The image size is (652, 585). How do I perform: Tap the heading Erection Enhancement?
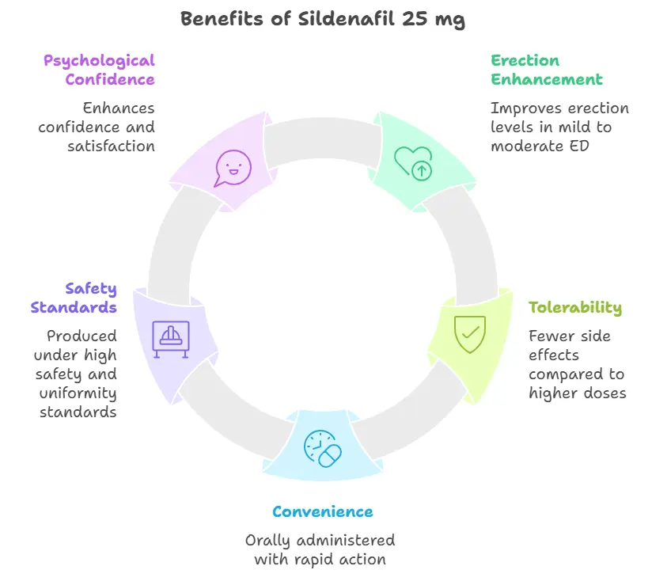tap(546, 70)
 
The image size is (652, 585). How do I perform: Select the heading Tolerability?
tap(575, 308)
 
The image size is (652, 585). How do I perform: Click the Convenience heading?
tap(322, 511)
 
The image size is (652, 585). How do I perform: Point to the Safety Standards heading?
tap(74, 298)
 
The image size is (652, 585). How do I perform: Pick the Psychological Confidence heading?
tap(99, 70)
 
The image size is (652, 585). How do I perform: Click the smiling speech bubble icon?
tap(233, 168)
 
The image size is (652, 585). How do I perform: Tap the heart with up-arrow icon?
tap(414, 161)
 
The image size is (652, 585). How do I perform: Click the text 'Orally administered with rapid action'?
tap(320, 549)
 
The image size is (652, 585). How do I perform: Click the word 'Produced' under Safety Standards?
tap(81, 336)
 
